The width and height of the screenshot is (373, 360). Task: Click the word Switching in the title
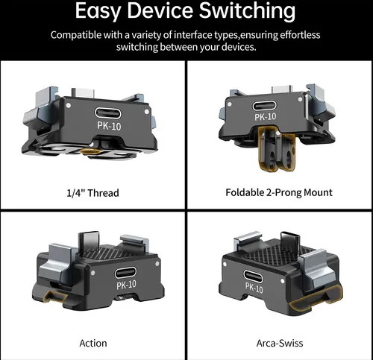[247, 12]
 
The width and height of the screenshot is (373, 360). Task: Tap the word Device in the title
[160, 10]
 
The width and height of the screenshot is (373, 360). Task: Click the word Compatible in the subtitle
[76, 35]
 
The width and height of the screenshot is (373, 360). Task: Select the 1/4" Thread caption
[93, 193]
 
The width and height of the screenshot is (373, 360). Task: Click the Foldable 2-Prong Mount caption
[279, 192]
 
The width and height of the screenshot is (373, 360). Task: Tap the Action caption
[93, 343]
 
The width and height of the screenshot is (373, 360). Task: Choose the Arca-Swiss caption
[280, 343]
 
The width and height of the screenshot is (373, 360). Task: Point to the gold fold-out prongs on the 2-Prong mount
[276, 148]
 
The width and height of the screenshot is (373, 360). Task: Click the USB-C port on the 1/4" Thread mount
[107, 113]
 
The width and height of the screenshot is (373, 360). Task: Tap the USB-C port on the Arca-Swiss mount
[253, 277]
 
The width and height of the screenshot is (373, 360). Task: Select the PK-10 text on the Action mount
[126, 285]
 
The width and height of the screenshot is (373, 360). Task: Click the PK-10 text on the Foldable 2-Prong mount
[266, 116]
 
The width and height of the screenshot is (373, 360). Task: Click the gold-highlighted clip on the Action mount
[54, 296]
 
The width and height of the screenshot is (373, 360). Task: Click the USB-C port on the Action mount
[125, 273]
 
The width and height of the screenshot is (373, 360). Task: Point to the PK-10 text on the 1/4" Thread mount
[109, 126]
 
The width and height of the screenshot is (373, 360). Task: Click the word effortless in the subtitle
[300, 35]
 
